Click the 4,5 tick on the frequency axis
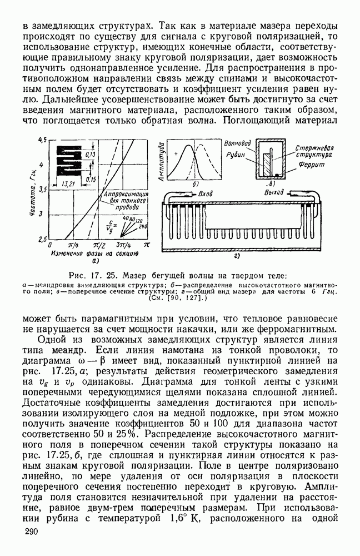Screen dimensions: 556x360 click(x=42, y=140)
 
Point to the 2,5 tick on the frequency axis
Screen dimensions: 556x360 click(x=42, y=239)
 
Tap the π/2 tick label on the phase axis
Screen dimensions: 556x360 click(x=99, y=244)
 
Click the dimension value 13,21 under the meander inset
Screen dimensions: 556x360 click(x=69, y=183)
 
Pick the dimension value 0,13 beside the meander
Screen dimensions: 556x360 click(x=91, y=154)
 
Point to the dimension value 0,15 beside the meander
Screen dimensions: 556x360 click(x=91, y=178)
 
